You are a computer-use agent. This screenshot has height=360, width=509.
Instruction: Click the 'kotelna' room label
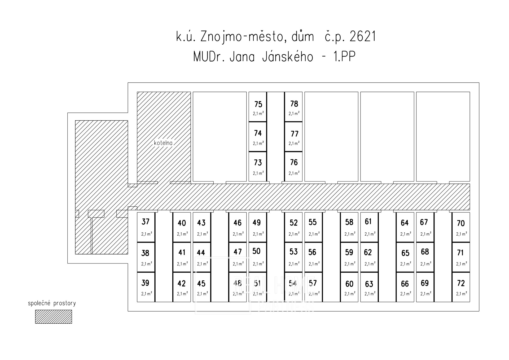[163, 143]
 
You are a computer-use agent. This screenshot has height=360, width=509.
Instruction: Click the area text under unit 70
[462, 234]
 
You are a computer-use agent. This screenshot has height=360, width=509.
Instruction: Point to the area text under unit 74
[258, 143]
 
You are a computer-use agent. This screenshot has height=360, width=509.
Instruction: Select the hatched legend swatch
[54, 317]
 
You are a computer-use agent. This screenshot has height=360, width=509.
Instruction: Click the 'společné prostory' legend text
[52, 303]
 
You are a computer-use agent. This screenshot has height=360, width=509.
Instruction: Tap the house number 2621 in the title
[363, 37]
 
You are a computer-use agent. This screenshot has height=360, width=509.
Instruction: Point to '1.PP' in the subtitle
[344, 57]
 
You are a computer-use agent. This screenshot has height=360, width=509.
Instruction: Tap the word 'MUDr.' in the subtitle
[209, 57]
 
